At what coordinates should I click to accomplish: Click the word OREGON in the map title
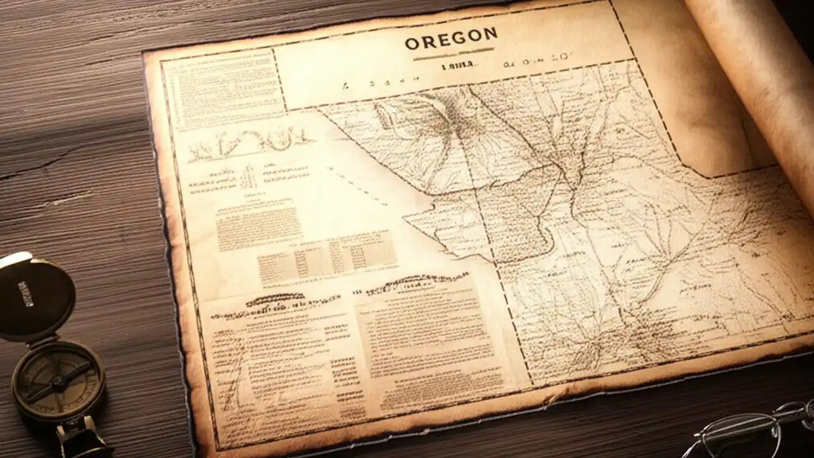coord(451,43)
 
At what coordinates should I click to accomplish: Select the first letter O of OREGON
coord(412,44)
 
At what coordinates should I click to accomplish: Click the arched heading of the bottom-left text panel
coord(275,299)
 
